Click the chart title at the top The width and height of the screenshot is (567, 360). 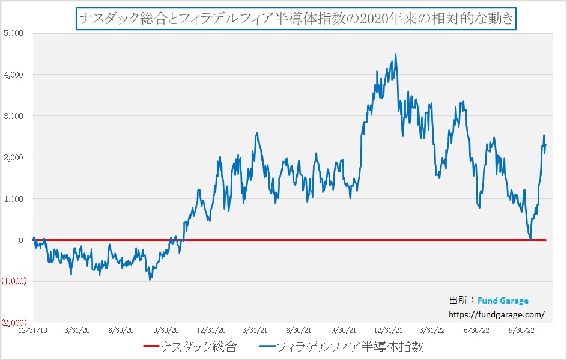[x=296, y=19]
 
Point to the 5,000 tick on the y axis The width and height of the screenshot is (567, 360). [x=13, y=33]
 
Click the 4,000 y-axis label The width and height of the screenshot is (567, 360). [x=13, y=75]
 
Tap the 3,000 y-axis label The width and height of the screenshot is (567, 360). [x=13, y=116]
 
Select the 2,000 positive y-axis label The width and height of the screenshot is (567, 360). [x=13, y=157]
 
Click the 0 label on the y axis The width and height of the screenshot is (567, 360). [x=20, y=240]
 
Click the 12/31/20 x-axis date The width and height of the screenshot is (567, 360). [x=211, y=330]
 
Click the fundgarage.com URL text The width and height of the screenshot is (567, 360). [x=497, y=314]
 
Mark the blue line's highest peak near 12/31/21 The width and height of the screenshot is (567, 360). [x=395, y=55]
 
